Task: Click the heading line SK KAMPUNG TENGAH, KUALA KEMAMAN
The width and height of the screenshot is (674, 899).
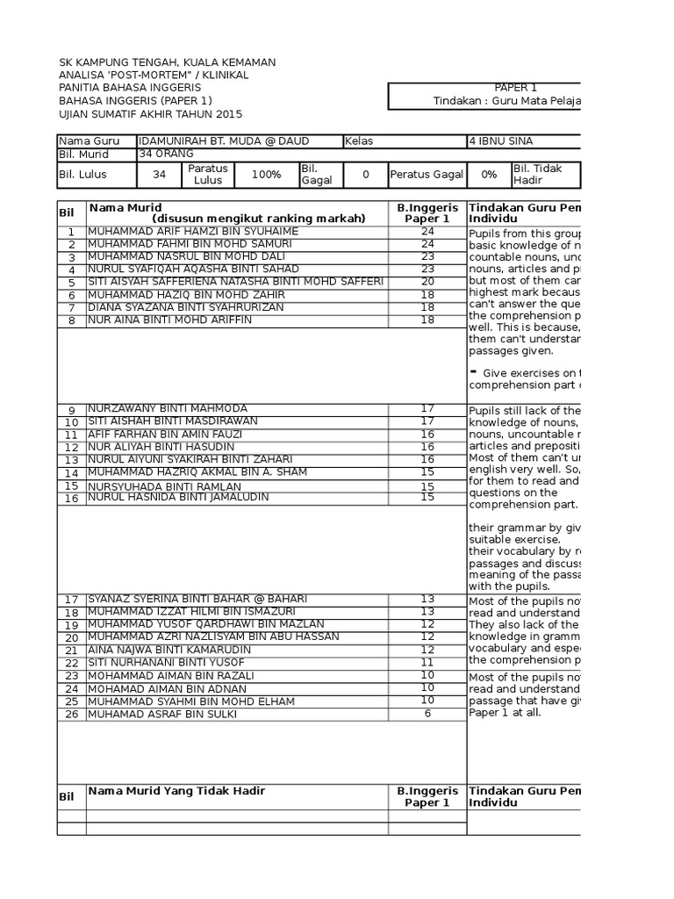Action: pyautogui.click(x=167, y=62)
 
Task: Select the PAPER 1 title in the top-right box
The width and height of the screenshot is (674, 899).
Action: pyautogui.click(x=516, y=88)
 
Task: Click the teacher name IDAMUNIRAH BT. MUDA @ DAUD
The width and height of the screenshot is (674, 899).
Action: pyautogui.click(x=224, y=141)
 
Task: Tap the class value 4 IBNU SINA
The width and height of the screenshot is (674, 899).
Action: pyautogui.click(x=501, y=141)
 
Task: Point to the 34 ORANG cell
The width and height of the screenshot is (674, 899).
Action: pyautogui.click(x=168, y=155)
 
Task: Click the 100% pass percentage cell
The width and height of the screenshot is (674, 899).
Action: pyautogui.click(x=266, y=175)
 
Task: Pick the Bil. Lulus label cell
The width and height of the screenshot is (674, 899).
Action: pyautogui.click(x=97, y=175)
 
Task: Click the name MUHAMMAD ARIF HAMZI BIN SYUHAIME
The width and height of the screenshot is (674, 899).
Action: pyautogui.click(x=192, y=232)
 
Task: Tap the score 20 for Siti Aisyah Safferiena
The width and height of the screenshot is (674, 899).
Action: pyautogui.click(x=427, y=282)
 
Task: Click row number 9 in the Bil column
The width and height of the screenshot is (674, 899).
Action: pyautogui.click(x=71, y=410)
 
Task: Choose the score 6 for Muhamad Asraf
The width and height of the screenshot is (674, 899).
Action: pyautogui.click(x=427, y=714)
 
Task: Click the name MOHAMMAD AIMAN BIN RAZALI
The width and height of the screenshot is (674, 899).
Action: pyautogui.click(x=170, y=676)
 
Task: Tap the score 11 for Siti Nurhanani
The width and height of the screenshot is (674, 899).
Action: pyautogui.click(x=427, y=663)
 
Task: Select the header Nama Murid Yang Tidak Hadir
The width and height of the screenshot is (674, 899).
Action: pyautogui.click(x=176, y=791)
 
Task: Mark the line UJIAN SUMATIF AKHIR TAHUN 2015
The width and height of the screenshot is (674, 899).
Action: pyautogui.click(x=150, y=115)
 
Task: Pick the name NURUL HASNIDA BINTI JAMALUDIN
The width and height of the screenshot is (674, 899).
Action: pyautogui.click(x=178, y=498)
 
